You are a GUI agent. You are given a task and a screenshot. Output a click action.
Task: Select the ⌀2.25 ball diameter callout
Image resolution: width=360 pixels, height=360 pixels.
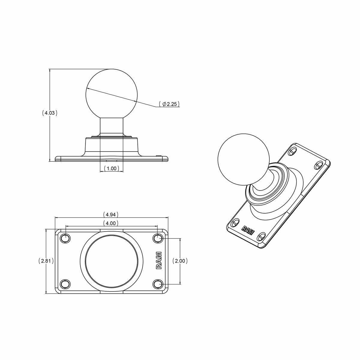coord(169,104)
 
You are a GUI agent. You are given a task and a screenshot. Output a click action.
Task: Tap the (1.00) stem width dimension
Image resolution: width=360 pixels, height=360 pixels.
coord(111,169)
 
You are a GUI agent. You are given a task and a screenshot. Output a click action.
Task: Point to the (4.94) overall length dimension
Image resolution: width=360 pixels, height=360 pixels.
coord(111,214)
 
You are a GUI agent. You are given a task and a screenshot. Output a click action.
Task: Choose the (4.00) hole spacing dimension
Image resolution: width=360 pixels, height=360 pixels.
coord(111,223)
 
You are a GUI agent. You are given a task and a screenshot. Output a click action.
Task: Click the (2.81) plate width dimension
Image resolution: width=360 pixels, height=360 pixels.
coord(46,261)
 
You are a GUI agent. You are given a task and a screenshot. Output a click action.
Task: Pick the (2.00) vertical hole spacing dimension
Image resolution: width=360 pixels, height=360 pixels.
coord(180,261)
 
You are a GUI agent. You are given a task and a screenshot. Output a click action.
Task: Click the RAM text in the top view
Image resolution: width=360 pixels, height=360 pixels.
coord(159,260)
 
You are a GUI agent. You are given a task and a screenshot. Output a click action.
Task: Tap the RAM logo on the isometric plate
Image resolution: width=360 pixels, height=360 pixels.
coord(248,230)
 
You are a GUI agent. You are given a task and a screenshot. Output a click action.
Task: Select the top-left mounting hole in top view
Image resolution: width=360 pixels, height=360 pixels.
coord(65,238)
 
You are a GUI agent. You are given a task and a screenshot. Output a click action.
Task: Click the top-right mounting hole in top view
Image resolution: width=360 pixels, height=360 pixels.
coord(158,238)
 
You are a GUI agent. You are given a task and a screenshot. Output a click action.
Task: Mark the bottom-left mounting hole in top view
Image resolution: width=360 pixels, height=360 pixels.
coord(65,284)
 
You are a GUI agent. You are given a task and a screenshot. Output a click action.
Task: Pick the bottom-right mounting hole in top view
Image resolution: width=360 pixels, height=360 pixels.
coord(158,284)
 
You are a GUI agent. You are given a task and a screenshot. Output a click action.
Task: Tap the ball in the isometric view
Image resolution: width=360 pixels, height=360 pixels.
coord(243,159)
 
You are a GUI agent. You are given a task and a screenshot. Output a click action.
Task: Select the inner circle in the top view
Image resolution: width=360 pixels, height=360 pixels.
coord(112,261)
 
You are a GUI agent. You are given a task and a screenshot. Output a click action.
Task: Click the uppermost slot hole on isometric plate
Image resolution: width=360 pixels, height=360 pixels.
coord(292,152)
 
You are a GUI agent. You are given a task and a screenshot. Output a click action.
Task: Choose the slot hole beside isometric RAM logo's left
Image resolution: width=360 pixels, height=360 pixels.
coord(235,222)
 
